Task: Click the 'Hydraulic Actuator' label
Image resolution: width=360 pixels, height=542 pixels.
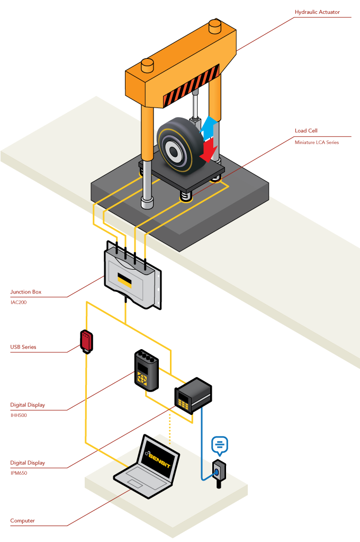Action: [x=317, y=12]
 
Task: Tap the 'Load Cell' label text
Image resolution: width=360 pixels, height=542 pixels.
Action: [x=306, y=130]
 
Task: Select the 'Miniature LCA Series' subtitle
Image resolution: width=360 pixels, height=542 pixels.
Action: [x=317, y=142]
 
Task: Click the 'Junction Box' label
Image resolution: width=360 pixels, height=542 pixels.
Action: [x=25, y=291]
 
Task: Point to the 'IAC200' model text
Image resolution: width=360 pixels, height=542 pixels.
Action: [x=19, y=303]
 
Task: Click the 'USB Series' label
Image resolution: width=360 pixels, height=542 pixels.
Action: [x=23, y=348]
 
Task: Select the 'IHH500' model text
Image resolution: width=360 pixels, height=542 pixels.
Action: [x=19, y=415]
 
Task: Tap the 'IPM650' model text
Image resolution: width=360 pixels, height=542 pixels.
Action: [x=19, y=473]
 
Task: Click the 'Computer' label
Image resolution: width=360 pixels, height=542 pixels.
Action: [x=22, y=520]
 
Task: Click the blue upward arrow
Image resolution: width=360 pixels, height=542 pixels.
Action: [x=210, y=127]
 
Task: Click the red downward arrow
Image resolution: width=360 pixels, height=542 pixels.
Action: [x=210, y=148]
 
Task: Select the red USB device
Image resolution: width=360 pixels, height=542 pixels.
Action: [x=86, y=341]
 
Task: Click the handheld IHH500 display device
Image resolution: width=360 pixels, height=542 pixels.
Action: [x=146, y=370]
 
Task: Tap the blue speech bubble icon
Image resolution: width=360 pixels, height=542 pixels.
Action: [x=219, y=445]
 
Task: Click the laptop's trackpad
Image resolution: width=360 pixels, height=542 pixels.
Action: [x=133, y=484]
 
